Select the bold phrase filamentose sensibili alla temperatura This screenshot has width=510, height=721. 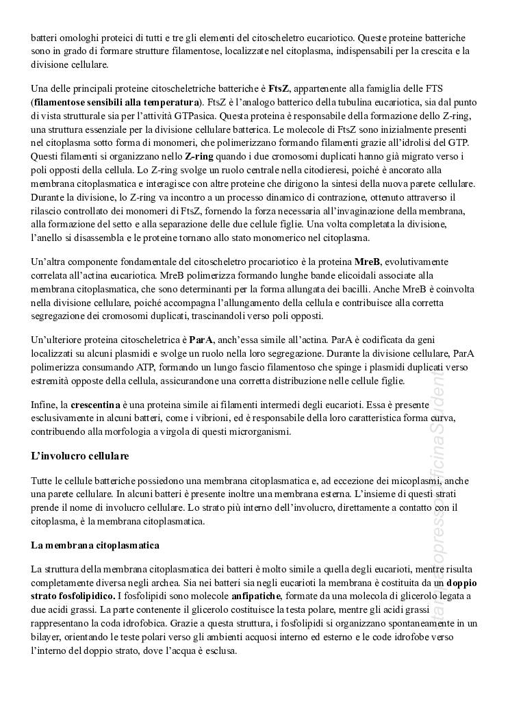click(x=116, y=103)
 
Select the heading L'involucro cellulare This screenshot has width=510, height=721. click(x=80, y=456)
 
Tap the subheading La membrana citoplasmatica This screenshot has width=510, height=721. click(x=95, y=545)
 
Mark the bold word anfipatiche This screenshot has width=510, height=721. click(x=255, y=596)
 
